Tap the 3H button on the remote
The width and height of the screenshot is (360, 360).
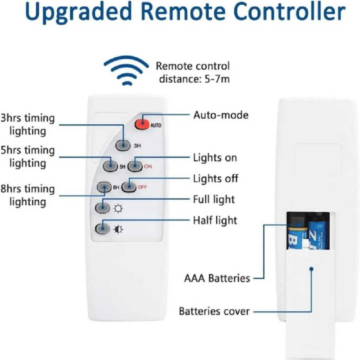click(x=123, y=145)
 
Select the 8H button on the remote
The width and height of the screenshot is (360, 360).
click(x=105, y=187)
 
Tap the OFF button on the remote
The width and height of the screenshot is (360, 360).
click(x=129, y=186)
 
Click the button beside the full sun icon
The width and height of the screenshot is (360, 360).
click(x=103, y=207)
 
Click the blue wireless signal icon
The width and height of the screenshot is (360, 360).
click(x=125, y=71)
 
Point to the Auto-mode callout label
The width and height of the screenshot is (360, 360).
click(x=221, y=115)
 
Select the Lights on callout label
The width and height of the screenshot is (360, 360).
click(x=215, y=158)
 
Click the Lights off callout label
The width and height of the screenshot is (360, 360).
click(x=216, y=178)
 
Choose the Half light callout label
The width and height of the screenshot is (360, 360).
click(x=215, y=220)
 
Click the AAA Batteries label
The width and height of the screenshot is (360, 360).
click(x=217, y=278)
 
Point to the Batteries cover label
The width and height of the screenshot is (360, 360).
click(x=214, y=311)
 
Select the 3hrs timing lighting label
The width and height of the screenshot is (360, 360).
click(x=28, y=124)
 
